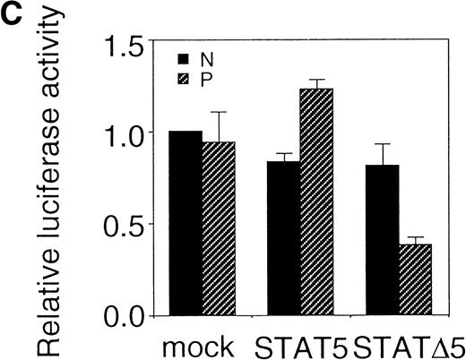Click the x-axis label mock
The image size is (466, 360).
click(x=201, y=345)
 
